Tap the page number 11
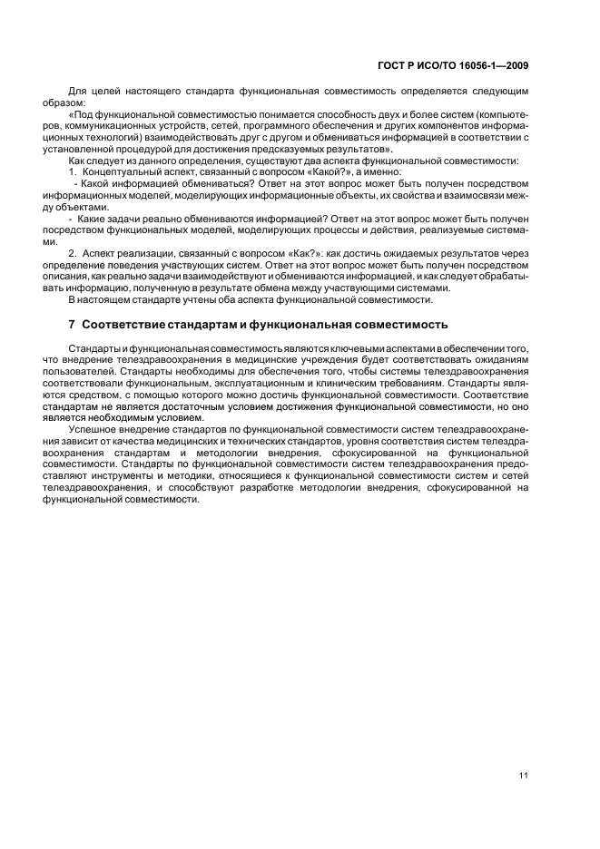(524, 774)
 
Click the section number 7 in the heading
(73, 325)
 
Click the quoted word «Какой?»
(307, 171)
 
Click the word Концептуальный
(122, 171)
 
